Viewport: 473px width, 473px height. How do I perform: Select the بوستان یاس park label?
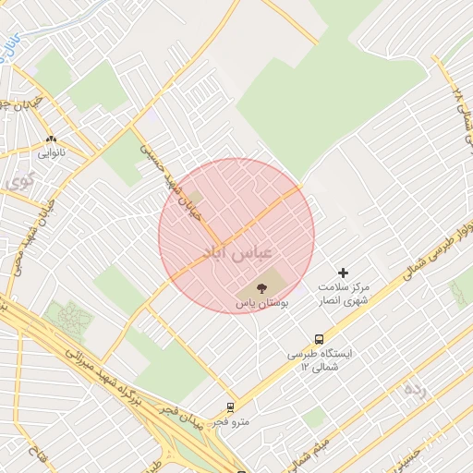260,302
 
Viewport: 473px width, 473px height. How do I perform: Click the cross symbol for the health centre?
344,273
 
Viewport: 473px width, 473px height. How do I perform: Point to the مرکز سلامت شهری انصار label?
343,294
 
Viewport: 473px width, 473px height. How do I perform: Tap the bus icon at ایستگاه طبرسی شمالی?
319,339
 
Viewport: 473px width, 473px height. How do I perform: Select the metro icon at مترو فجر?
230,406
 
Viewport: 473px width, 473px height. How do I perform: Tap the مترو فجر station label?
230,421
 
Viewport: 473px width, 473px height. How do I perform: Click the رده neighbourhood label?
415,389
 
